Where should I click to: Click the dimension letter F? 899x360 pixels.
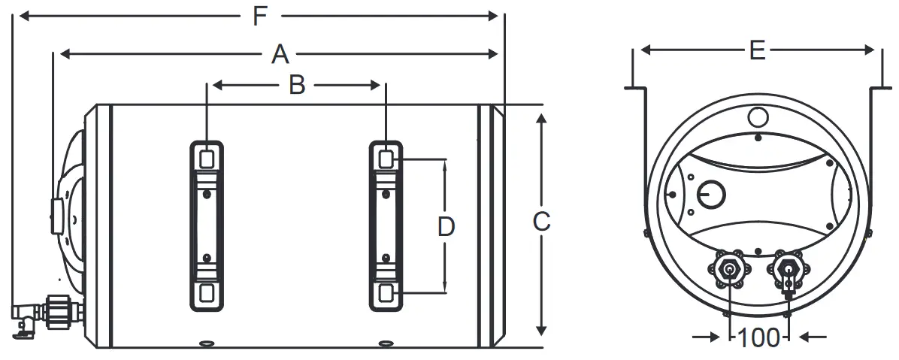pyautogui.click(x=260, y=16)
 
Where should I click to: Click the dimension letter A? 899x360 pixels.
pyautogui.click(x=280, y=53)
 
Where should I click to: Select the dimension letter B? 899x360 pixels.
pyautogui.click(x=297, y=86)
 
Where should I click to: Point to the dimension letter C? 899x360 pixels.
pyautogui.click(x=541, y=222)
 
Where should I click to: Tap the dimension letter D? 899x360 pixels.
pyautogui.click(x=446, y=226)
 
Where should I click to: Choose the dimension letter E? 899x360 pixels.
pyautogui.click(x=757, y=50)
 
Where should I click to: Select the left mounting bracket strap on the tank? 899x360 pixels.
pyautogui.click(x=205, y=225)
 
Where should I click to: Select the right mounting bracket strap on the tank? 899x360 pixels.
pyautogui.click(x=386, y=225)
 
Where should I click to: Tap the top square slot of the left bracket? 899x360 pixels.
pyautogui.click(x=205, y=158)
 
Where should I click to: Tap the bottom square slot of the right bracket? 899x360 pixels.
pyautogui.click(x=386, y=292)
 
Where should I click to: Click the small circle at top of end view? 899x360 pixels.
pyautogui.click(x=758, y=117)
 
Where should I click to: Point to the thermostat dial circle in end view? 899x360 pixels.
pyautogui.click(x=710, y=195)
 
